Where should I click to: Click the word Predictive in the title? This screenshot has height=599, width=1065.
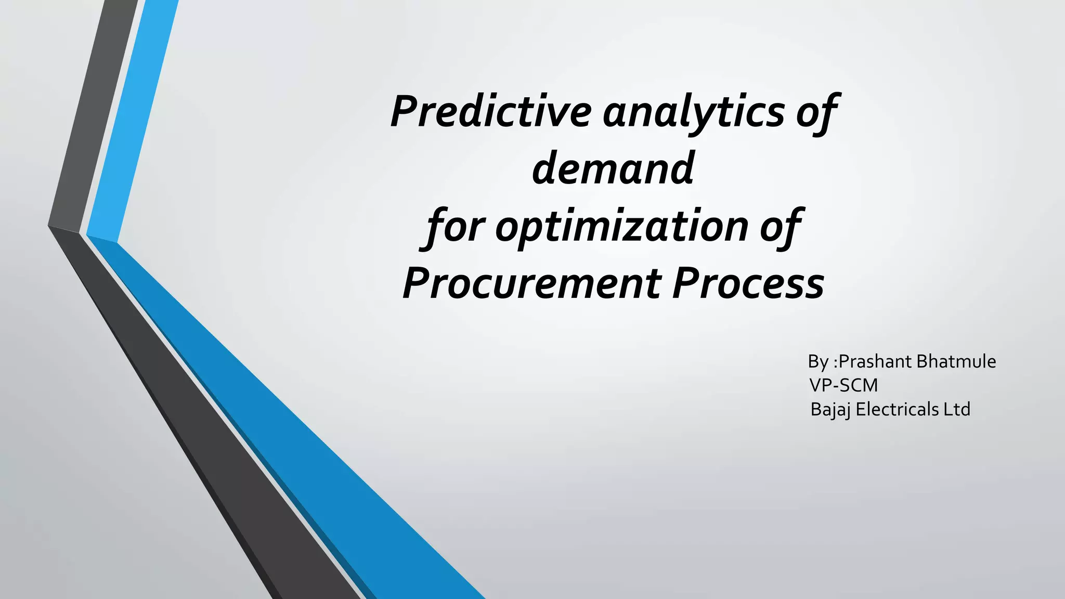pos(490,111)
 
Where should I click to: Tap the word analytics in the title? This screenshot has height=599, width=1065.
pos(693,112)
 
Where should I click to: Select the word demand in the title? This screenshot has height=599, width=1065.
pos(613,168)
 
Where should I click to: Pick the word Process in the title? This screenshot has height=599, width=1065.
pos(748,283)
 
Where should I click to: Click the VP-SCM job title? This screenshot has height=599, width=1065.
pos(843,385)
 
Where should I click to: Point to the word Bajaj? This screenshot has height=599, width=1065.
pos(830,410)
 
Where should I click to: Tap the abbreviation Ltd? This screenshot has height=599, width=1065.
pos(957,410)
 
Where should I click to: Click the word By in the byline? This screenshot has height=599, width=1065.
pos(818,361)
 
